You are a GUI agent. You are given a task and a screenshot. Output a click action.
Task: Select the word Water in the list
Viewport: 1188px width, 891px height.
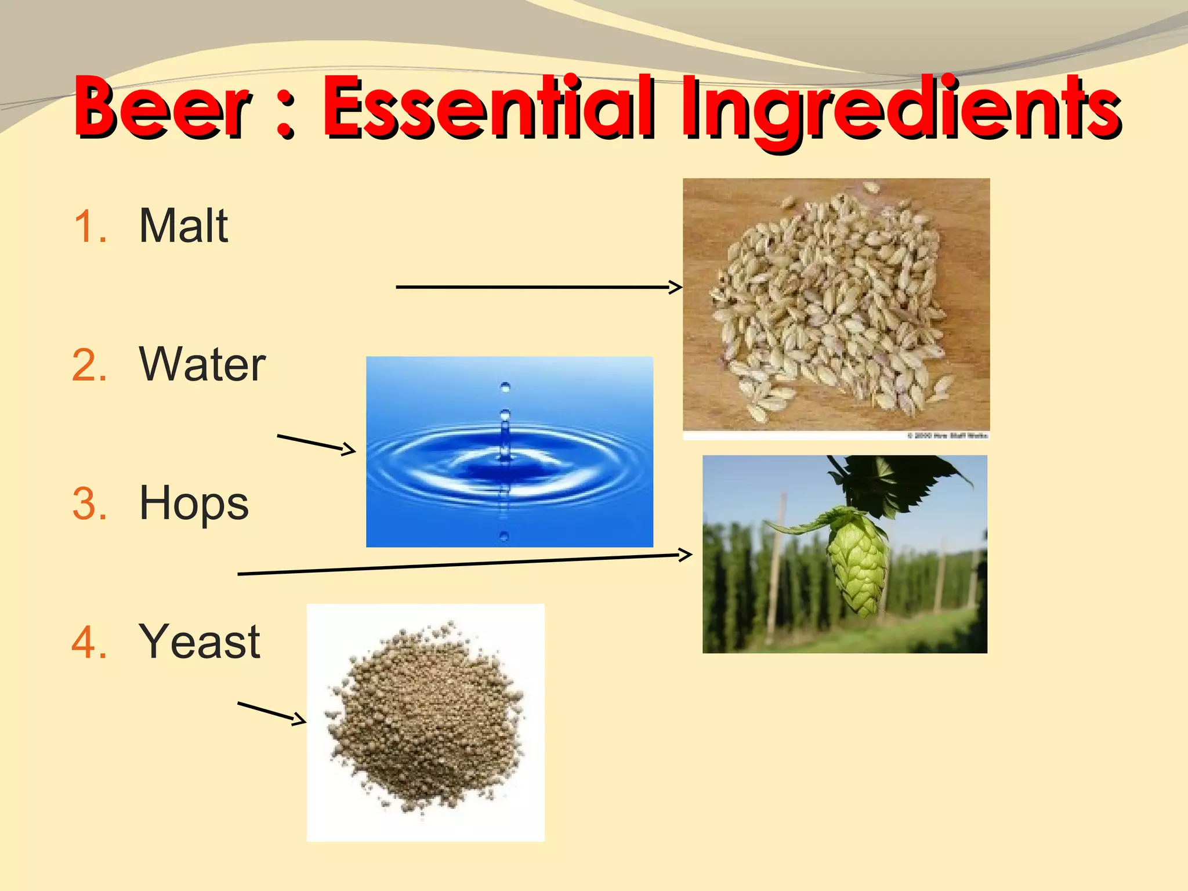tap(202, 364)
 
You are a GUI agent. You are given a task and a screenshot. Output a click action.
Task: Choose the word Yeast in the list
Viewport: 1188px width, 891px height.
tap(200, 642)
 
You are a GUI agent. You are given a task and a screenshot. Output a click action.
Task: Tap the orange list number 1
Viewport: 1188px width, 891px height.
tap(90, 226)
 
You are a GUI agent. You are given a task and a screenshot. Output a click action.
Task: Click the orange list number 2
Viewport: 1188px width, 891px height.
tap(90, 365)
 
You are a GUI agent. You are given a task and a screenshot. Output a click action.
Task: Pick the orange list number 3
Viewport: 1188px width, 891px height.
tap(90, 504)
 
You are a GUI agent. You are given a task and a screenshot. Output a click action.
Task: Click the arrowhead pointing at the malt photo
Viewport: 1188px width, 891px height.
tap(676, 287)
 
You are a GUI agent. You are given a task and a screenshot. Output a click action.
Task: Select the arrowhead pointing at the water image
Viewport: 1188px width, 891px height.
tap(350, 449)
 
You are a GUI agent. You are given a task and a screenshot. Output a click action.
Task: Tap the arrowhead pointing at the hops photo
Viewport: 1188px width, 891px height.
tap(686, 555)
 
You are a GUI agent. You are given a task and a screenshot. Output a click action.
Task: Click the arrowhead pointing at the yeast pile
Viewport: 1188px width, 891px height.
tap(300, 720)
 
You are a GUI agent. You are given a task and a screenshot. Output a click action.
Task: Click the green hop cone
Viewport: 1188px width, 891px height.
tap(857, 563)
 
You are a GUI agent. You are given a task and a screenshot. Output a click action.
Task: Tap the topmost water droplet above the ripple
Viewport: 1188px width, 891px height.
tap(505, 387)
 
